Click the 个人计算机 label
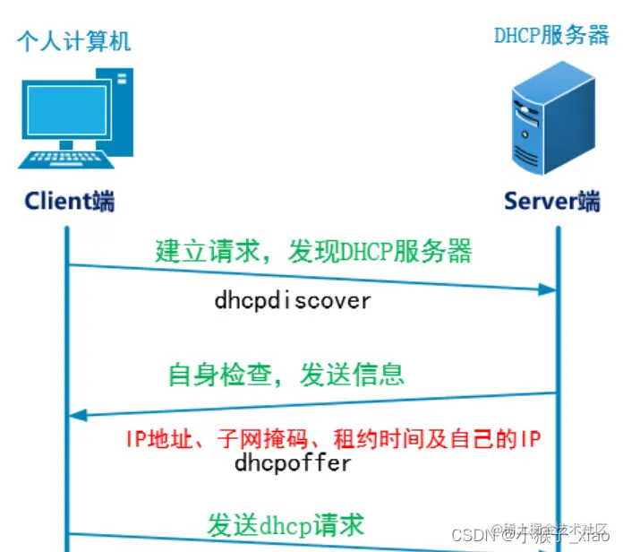click(x=73, y=41)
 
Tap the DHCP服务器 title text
click(x=551, y=36)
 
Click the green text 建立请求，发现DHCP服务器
click(x=313, y=251)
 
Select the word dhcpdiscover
click(x=292, y=300)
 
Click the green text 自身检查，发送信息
click(x=286, y=374)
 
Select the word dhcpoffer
click(x=293, y=463)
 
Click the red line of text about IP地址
click(x=333, y=440)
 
